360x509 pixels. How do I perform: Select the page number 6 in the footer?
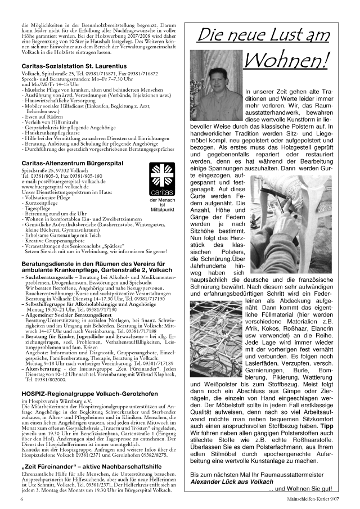(22, 499)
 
